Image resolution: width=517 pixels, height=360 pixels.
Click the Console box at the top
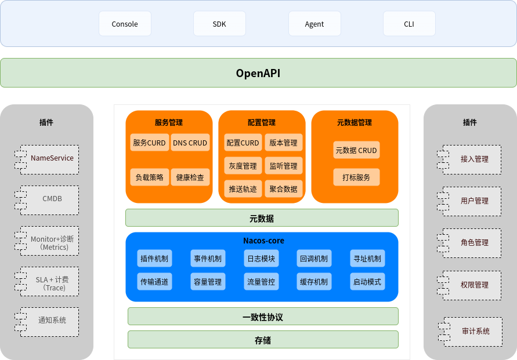click(x=125, y=24)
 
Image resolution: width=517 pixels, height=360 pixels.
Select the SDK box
click(x=219, y=24)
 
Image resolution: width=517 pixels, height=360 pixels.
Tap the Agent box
click(x=314, y=24)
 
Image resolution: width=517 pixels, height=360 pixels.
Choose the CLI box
click(x=409, y=24)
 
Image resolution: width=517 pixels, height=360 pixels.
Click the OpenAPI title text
click(x=258, y=73)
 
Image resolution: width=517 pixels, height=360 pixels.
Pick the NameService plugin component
click(x=51, y=158)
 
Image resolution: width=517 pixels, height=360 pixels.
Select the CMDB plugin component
click(x=51, y=199)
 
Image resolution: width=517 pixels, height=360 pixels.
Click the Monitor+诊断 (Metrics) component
click(x=51, y=242)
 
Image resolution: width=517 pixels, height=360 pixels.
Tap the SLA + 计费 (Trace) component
click(x=51, y=283)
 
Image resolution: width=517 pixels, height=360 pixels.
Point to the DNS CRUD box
click(x=190, y=143)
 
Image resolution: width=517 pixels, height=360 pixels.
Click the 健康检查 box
click(x=190, y=177)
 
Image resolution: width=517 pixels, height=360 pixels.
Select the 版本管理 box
click(x=283, y=143)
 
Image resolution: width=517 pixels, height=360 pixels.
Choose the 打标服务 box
click(x=356, y=177)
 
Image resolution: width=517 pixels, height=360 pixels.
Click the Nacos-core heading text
click(x=263, y=241)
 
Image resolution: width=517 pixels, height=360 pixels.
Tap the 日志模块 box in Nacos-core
click(x=261, y=259)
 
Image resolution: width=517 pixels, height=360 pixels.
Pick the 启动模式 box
click(x=367, y=282)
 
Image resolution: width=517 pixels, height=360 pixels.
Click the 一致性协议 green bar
click(x=263, y=317)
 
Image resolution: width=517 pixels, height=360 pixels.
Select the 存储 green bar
click(x=263, y=340)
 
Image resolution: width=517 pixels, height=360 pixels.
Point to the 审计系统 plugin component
click(x=475, y=331)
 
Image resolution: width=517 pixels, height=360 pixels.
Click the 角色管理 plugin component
click(x=473, y=243)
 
